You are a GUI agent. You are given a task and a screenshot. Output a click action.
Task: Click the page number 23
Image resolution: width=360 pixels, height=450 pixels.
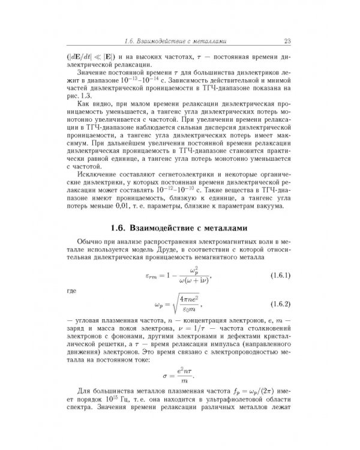pyautogui.click(x=286, y=41)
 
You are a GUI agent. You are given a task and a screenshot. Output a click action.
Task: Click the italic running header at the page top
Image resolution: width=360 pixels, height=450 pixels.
pyautogui.click(x=175, y=41)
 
